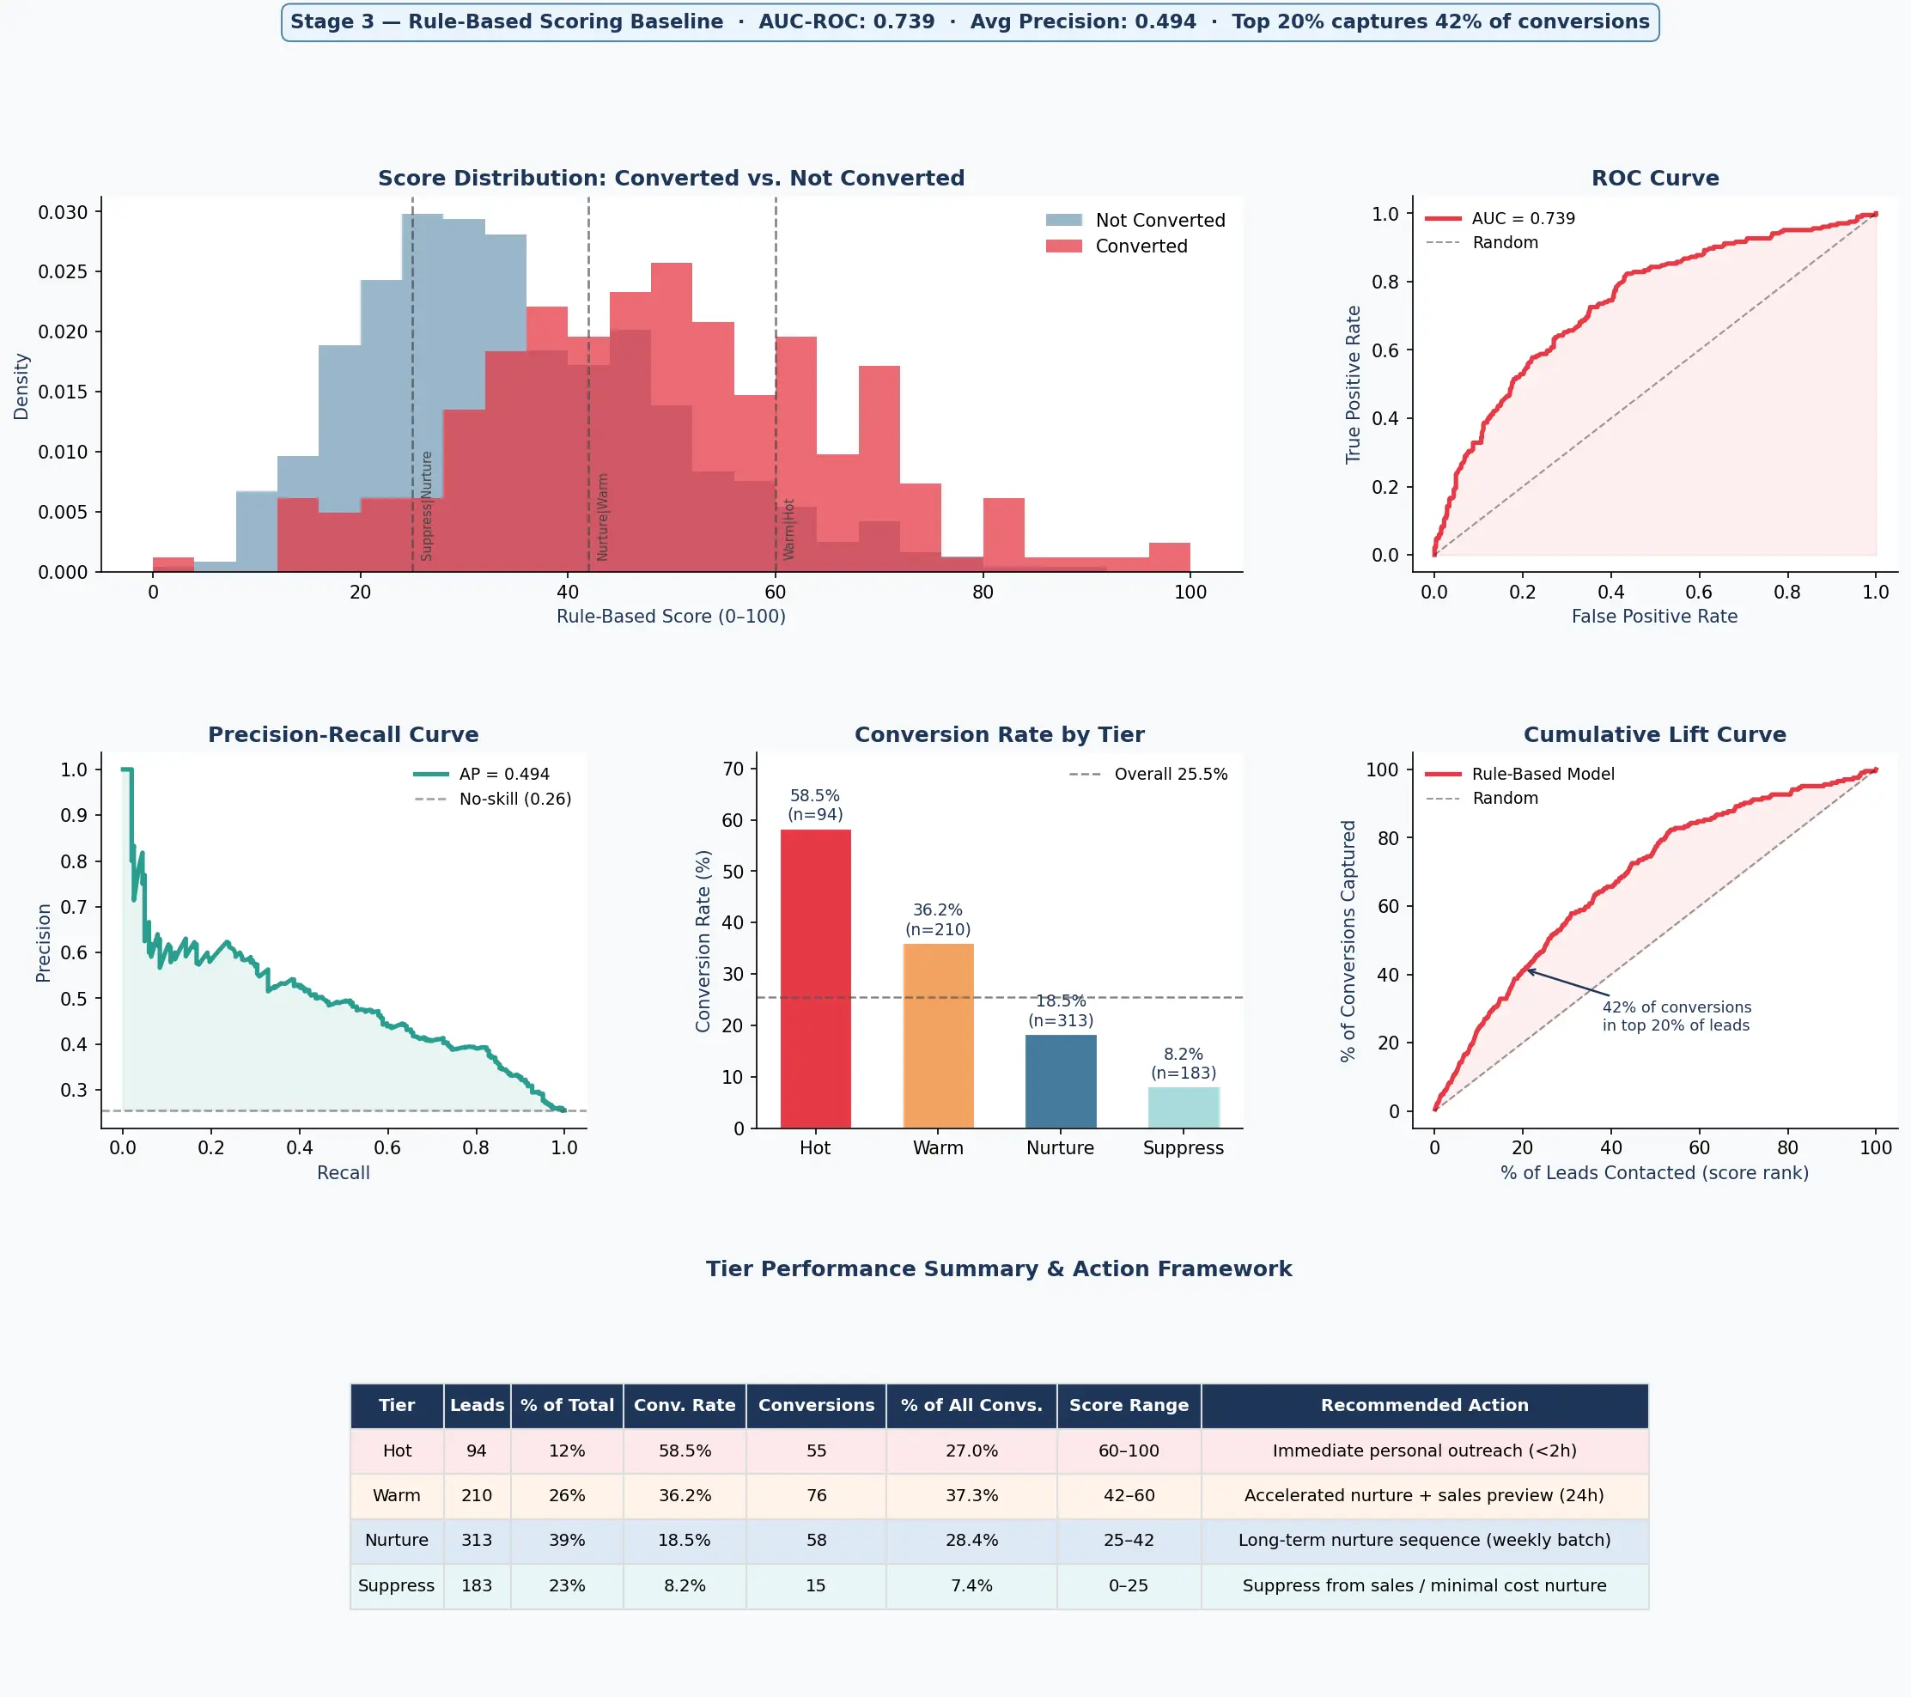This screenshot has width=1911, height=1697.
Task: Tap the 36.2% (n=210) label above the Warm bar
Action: [x=938, y=919]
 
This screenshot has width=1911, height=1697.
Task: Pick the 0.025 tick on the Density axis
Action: [x=63, y=272]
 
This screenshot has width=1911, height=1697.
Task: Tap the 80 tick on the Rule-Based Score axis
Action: [x=983, y=592]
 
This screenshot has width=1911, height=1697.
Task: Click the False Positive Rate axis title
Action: [x=1654, y=616]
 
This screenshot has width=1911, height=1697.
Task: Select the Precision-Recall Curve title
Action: [x=343, y=735]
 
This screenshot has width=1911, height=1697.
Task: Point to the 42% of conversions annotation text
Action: [x=1677, y=1016]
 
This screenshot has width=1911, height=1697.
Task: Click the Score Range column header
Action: [x=1129, y=1405]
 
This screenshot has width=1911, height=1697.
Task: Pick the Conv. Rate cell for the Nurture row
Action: [x=685, y=1540]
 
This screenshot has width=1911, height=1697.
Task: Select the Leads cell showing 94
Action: [x=477, y=1451]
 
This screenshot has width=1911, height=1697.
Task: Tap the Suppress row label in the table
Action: [x=397, y=1585]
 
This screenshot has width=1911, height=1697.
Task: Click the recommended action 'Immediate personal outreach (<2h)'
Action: [x=1424, y=1451]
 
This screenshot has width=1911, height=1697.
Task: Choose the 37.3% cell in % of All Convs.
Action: [x=971, y=1495]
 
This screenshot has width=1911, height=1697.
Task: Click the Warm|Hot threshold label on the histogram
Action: [x=789, y=529]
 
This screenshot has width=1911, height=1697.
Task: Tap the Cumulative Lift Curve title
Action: [x=1654, y=735]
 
